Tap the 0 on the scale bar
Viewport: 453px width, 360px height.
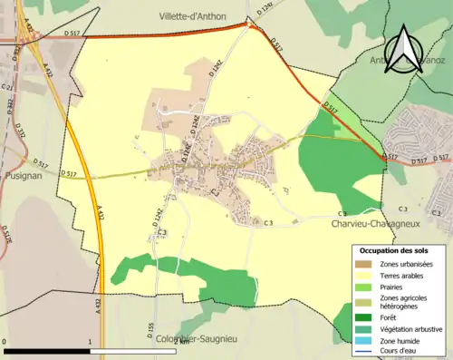click(5, 343)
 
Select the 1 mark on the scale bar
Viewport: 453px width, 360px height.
click(91, 343)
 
